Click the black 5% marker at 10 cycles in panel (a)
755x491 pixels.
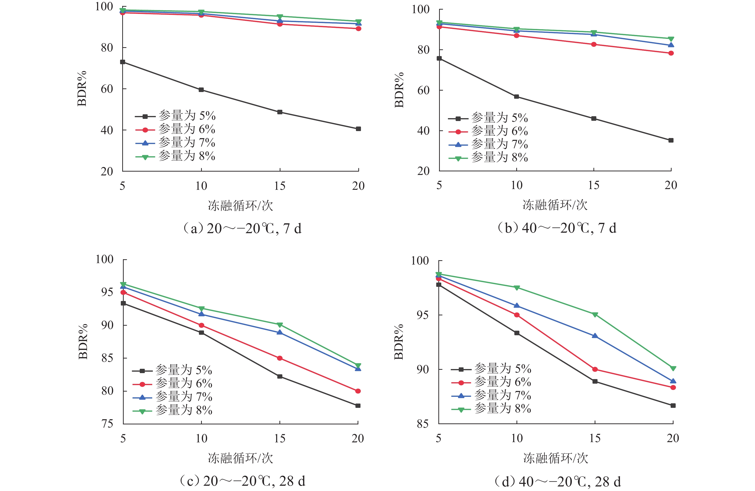(201, 90)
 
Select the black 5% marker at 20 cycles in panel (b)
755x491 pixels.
(671, 140)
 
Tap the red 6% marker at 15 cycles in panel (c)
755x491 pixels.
(279, 358)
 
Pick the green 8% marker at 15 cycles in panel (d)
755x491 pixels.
(595, 314)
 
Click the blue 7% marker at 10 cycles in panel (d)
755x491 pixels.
(517, 306)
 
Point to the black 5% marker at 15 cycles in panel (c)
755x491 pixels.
(279, 376)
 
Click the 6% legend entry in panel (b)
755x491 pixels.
(488, 131)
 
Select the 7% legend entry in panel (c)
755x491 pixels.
(172, 397)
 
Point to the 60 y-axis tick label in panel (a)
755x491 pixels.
(107, 89)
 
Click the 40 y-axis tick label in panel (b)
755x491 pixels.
(424, 131)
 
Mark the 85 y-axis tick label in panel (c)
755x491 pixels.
(107, 358)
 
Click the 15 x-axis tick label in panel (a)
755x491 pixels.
(279, 186)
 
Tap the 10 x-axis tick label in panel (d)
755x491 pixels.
(517, 438)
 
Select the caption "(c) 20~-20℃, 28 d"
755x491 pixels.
(242, 481)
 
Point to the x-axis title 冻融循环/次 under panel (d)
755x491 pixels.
(556, 458)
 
